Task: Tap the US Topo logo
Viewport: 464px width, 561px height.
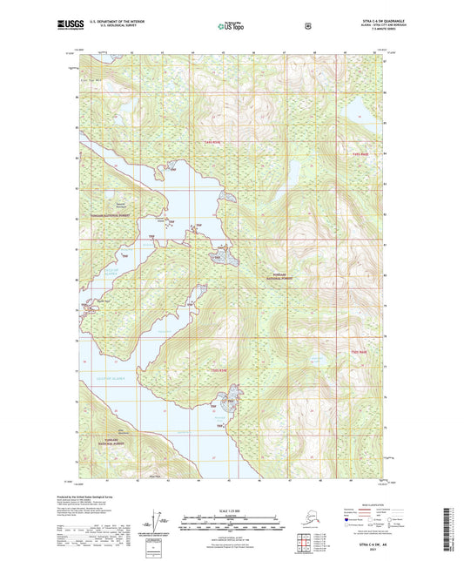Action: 229,26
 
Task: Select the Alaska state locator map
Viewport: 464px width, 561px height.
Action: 298,523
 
